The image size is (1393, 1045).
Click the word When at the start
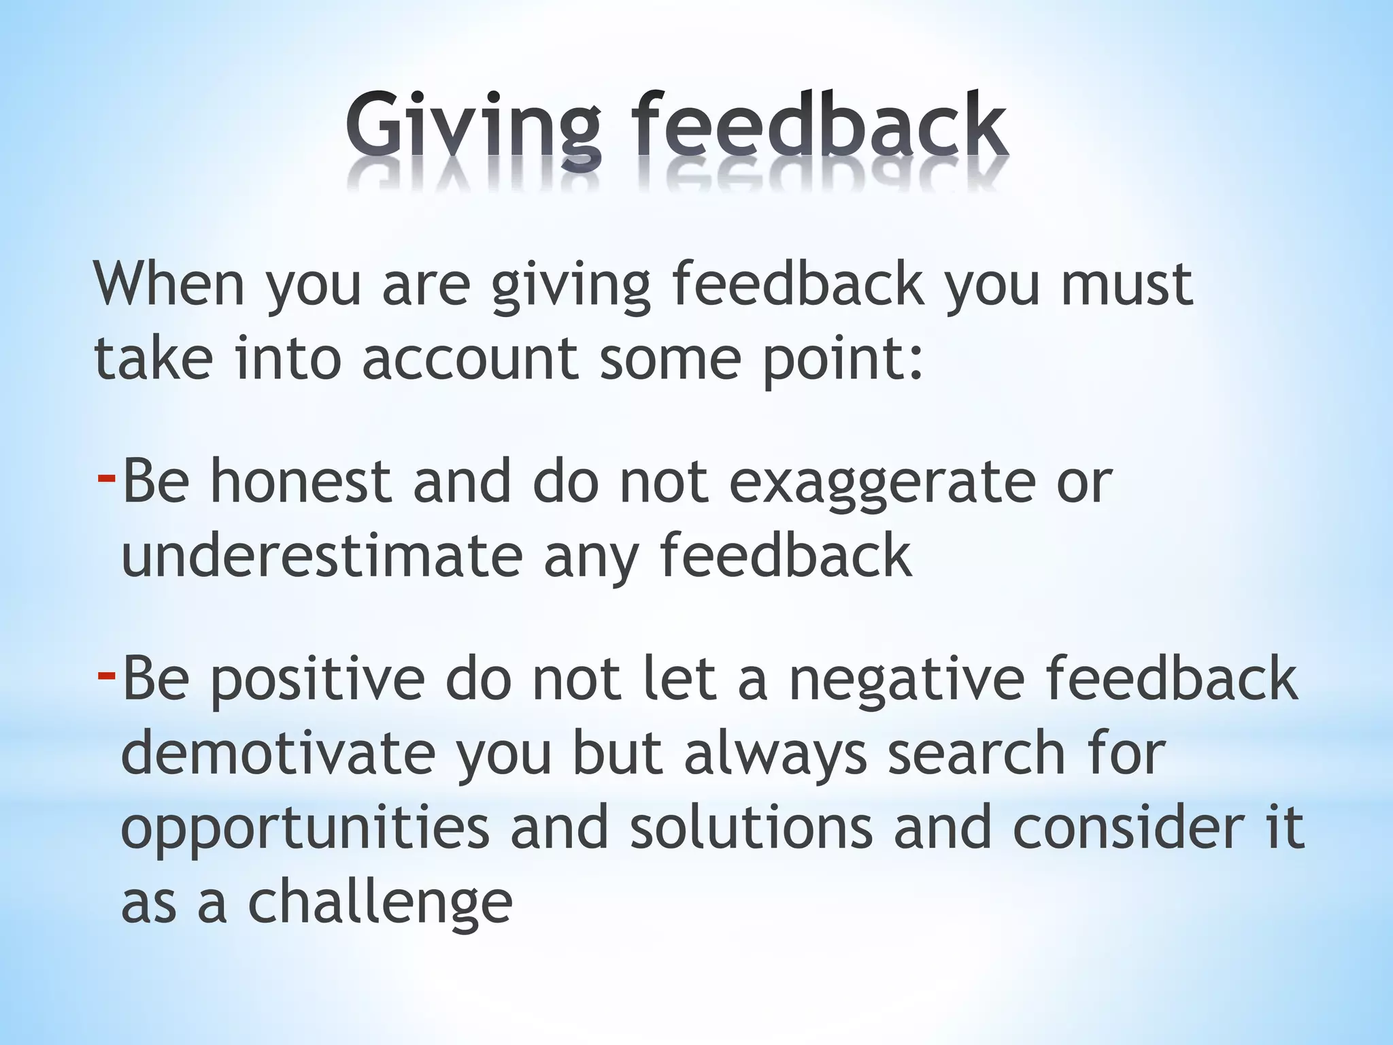169,284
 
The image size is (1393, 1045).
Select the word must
1126,284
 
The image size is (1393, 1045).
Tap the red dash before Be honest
106,477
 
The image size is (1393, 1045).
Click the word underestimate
322,557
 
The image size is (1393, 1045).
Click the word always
775,755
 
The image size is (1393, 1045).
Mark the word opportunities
305,830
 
